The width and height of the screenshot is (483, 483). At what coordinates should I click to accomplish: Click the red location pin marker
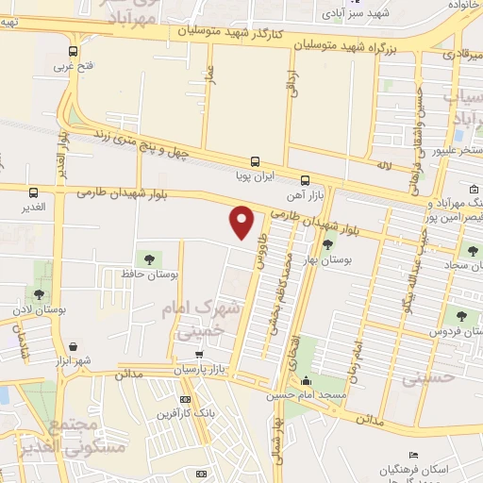pyautogui.click(x=242, y=222)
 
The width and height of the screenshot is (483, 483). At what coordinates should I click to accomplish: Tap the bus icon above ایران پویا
pyautogui.click(x=255, y=161)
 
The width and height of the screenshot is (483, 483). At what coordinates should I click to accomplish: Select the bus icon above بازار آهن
pyautogui.click(x=305, y=180)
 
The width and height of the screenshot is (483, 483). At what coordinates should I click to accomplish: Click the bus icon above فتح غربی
pyautogui.click(x=74, y=52)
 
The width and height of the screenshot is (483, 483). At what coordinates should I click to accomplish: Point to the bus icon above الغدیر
pyautogui.click(x=34, y=193)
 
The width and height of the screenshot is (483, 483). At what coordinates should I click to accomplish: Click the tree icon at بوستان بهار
pyautogui.click(x=327, y=244)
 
